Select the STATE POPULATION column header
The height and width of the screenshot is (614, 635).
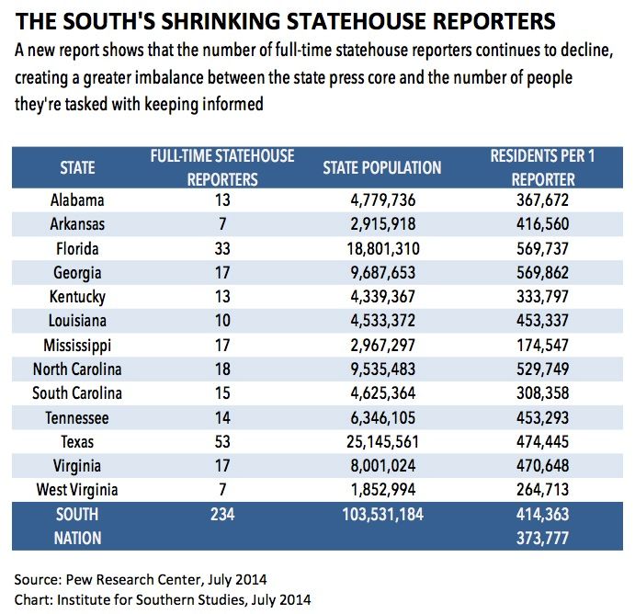coord(382,167)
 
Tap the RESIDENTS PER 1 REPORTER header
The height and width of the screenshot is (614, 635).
coord(543,167)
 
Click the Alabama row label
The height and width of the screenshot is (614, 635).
coord(77,200)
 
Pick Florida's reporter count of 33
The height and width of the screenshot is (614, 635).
coord(222,249)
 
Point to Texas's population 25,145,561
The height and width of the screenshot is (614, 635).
coord(382,441)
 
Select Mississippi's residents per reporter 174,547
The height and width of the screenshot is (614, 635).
coord(543,345)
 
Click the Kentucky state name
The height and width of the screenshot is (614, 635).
coord(77,297)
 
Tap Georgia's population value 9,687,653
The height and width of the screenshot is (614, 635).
coord(382,273)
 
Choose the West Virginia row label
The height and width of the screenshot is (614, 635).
coord(77,490)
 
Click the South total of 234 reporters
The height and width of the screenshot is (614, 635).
coord(222,515)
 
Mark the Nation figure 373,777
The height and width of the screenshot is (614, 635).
coord(543,539)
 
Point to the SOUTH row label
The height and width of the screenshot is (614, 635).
coord(77,515)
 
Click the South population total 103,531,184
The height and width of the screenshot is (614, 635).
coord(382,515)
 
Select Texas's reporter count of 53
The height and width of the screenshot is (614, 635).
coord(222,441)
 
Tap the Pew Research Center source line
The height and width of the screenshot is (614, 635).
coord(141,580)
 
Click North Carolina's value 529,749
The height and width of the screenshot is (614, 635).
coord(543,369)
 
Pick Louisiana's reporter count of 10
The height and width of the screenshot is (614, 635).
coord(222,321)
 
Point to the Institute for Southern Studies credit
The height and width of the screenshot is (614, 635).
coord(163,600)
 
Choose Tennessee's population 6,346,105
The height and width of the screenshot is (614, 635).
coord(382,417)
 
